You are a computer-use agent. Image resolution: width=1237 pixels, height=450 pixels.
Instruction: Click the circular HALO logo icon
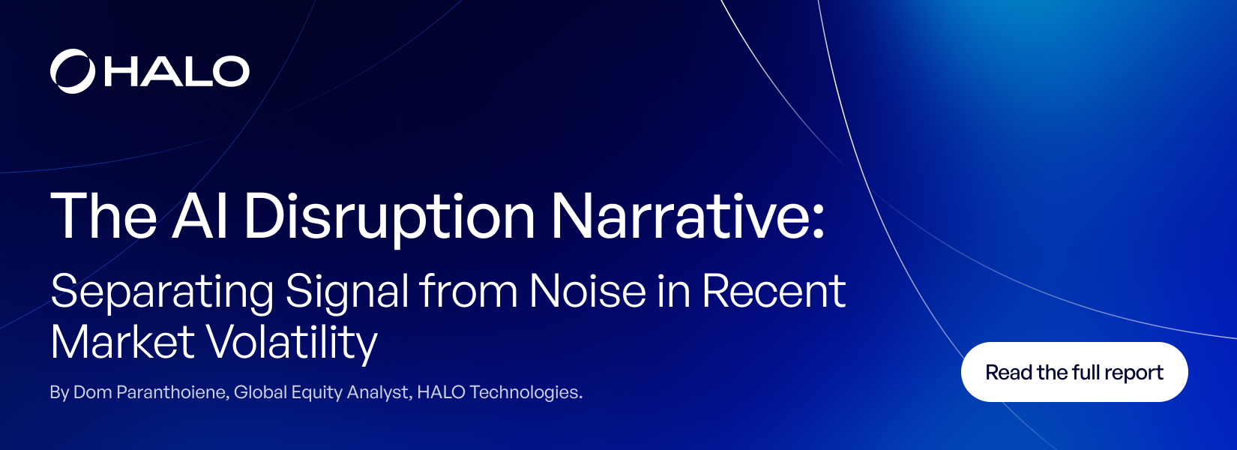(x=73, y=71)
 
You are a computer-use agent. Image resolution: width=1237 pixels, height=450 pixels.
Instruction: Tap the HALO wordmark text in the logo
(x=177, y=71)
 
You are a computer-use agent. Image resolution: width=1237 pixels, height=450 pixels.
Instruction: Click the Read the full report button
(x=1074, y=372)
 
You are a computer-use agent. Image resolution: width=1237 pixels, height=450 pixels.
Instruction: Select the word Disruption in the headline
(x=389, y=217)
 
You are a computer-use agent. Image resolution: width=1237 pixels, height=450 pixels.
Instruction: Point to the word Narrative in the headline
(x=687, y=216)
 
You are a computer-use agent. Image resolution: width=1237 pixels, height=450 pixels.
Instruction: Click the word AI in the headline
(x=200, y=216)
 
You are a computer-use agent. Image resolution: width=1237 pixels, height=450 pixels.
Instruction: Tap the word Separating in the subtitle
(x=162, y=292)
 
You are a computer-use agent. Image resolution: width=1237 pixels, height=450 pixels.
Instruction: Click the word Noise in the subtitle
(x=587, y=291)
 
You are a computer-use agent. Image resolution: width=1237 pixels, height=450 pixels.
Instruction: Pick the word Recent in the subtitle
(x=773, y=291)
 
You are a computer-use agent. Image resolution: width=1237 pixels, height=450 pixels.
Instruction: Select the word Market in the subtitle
(x=122, y=342)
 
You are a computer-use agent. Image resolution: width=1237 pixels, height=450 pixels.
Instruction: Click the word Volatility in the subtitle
(x=291, y=343)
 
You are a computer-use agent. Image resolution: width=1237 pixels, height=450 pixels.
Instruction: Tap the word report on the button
(x=1134, y=373)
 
